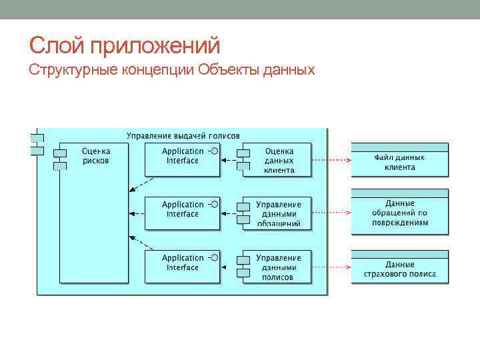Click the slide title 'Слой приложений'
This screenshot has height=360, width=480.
click(125, 45)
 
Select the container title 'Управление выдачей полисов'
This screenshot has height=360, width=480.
click(183, 135)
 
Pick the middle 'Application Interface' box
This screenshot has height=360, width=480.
click(182, 213)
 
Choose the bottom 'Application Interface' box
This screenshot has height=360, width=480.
click(182, 267)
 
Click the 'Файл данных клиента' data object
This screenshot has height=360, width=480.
click(400, 162)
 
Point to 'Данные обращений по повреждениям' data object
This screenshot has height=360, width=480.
click(400, 213)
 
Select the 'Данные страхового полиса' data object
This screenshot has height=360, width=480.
click(400, 269)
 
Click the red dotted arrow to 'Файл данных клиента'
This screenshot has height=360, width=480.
click(331, 160)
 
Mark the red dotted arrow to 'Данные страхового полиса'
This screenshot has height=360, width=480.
click(331, 267)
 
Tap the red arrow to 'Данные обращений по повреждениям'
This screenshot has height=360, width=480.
click(331, 213)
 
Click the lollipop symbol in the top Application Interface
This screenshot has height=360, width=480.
click(213, 151)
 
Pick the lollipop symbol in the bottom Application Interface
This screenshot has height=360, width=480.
click(213, 258)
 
